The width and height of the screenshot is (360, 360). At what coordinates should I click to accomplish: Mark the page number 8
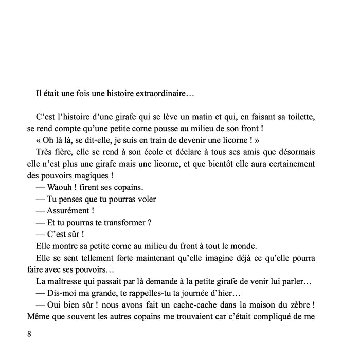click(x=29, y=334)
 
